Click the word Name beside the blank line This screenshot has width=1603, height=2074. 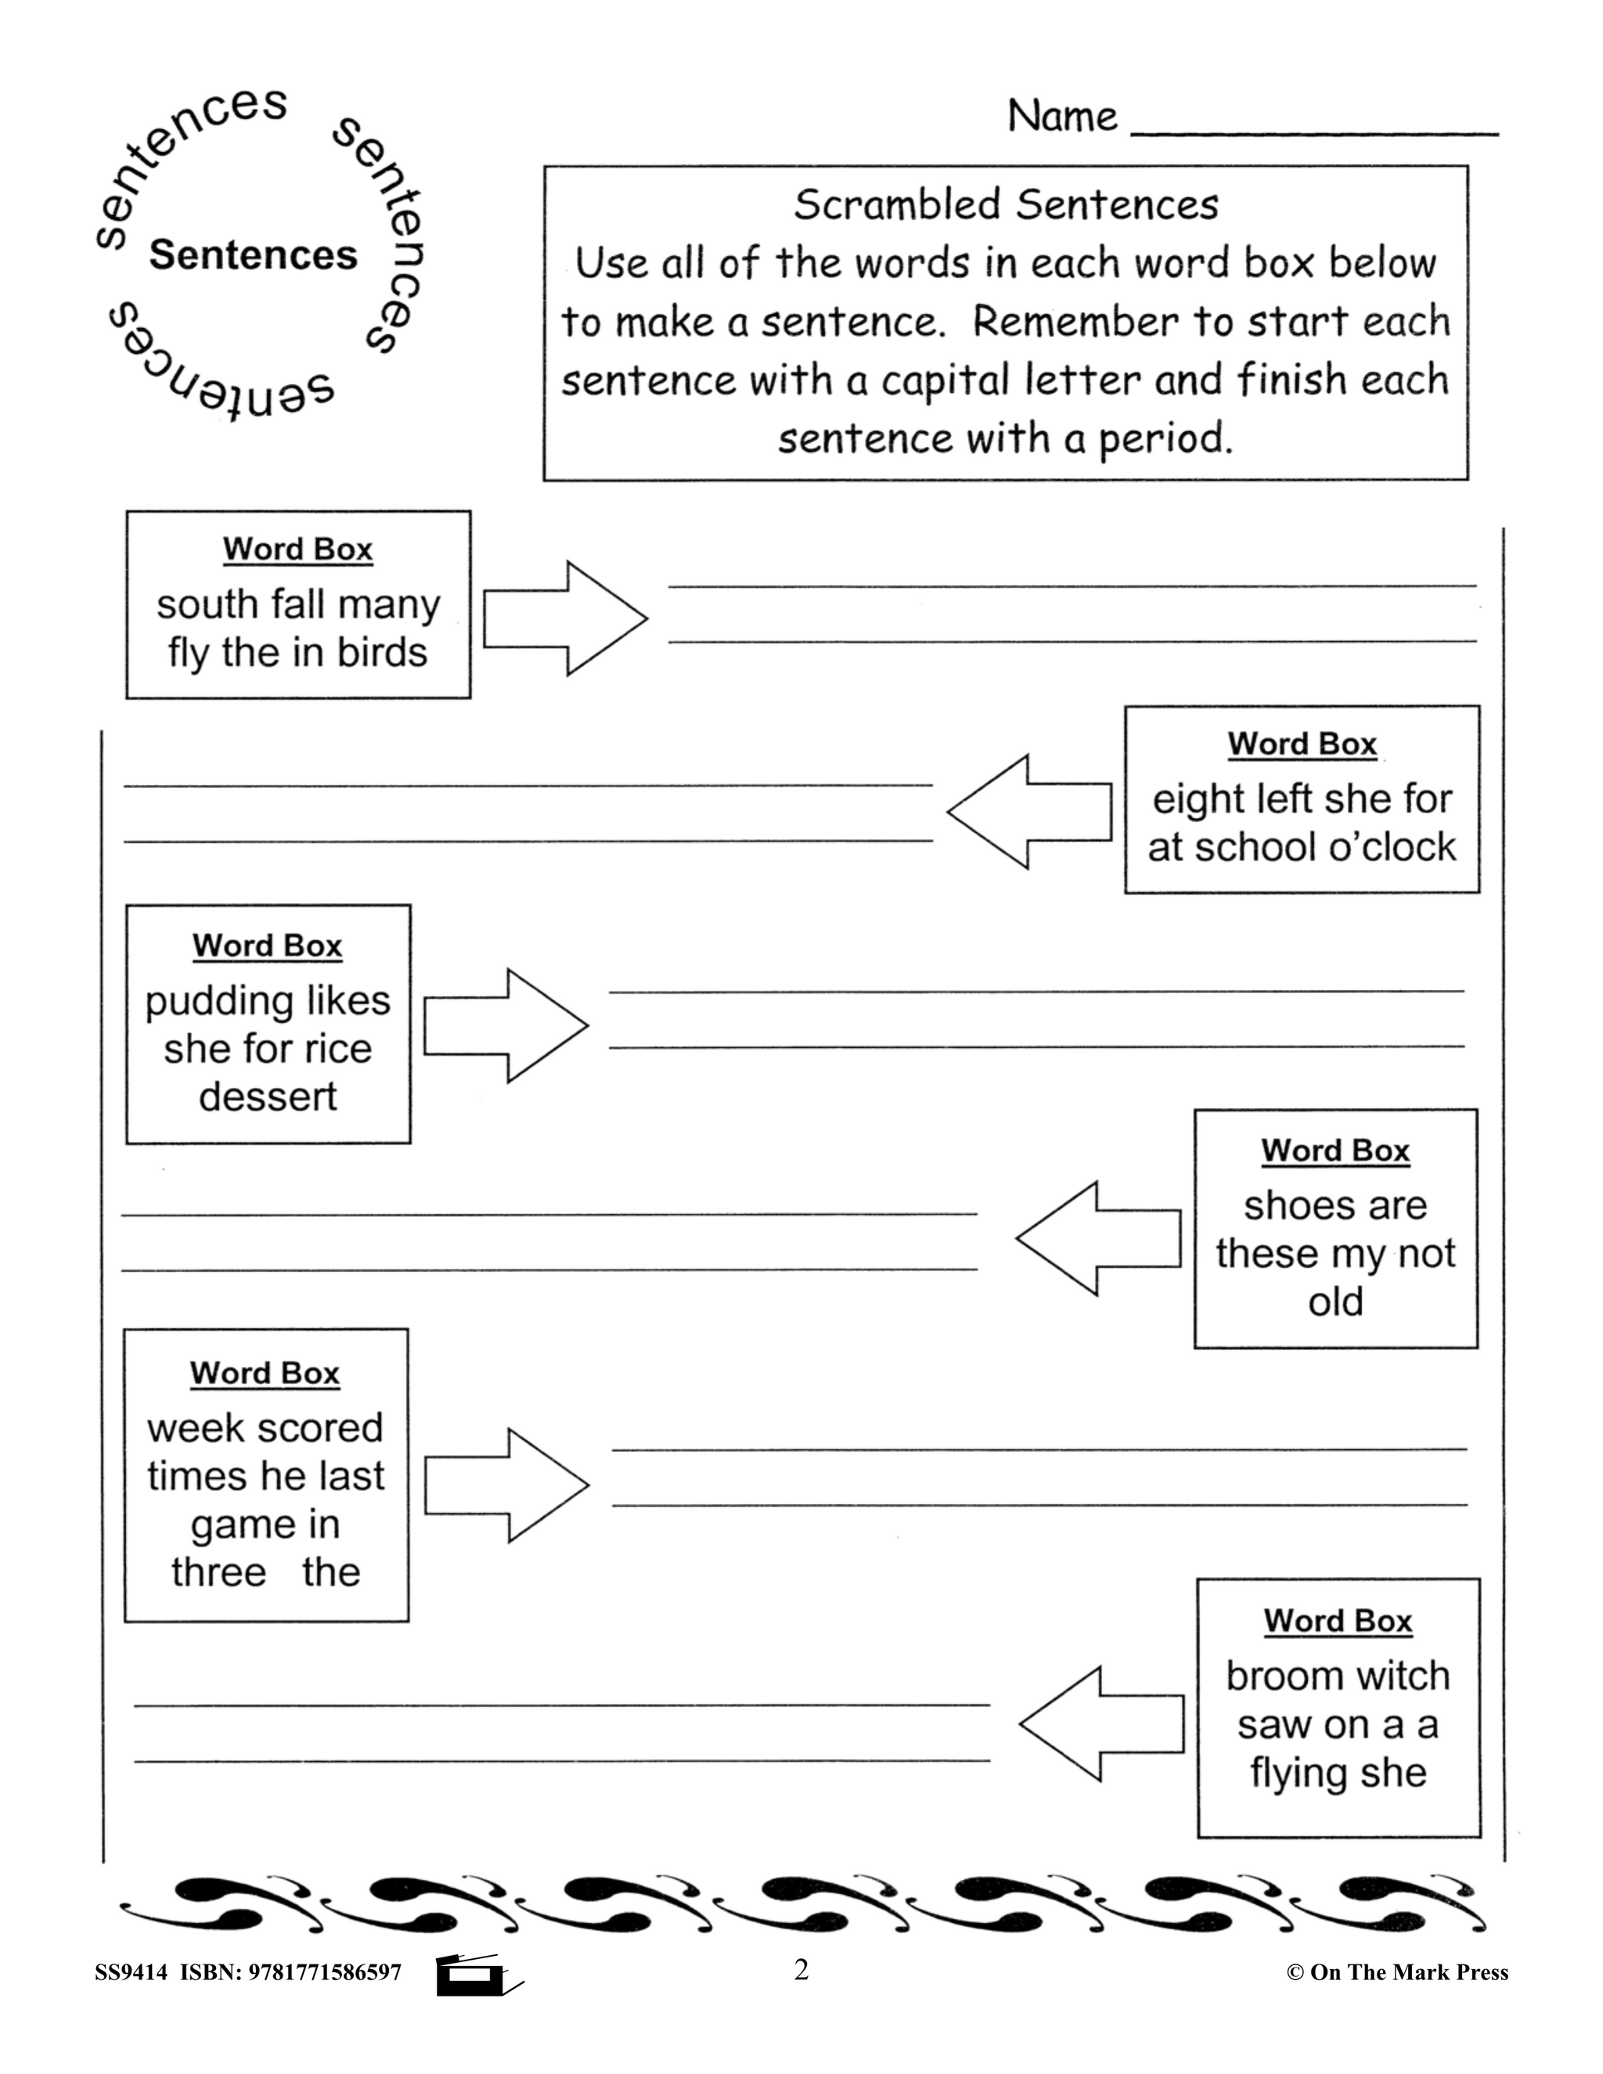pyautogui.click(x=1061, y=117)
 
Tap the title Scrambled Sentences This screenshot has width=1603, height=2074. pyautogui.click(x=1006, y=204)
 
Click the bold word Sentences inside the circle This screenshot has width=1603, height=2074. pyautogui.click(x=253, y=255)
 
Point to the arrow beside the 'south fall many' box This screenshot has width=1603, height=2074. pyautogui.click(x=564, y=618)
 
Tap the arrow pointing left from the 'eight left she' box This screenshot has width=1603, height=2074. pyautogui.click(x=1030, y=812)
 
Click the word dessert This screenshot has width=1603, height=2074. pyautogui.click(x=268, y=1096)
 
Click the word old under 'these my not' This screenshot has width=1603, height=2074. pyautogui.click(x=1335, y=1302)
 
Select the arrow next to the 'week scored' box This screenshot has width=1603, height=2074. pyautogui.click(x=506, y=1485)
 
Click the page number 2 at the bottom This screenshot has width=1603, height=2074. pyautogui.click(x=801, y=1971)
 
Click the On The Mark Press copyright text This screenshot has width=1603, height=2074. pyautogui.click(x=1397, y=1973)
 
